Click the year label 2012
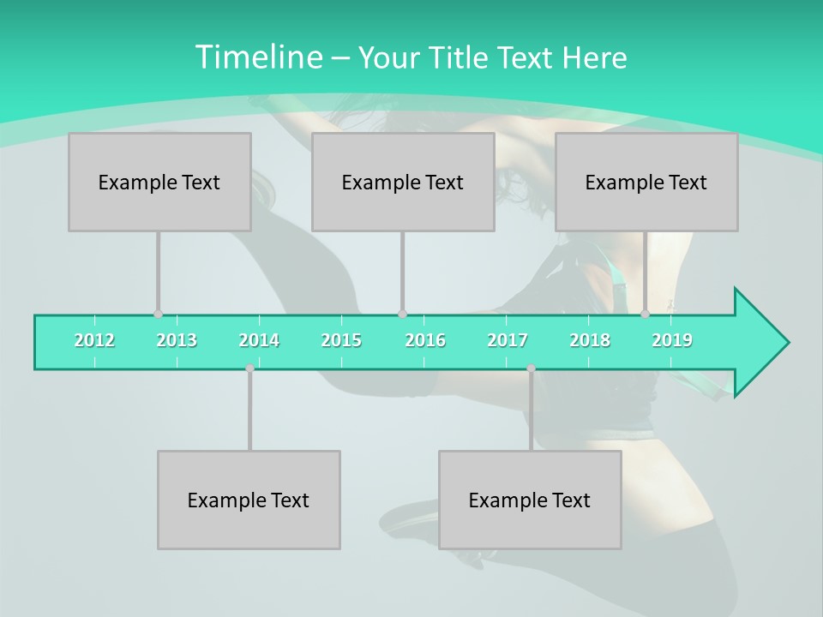click(94, 340)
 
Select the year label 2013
click(177, 340)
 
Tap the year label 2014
click(259, 340)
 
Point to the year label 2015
click(341, 340)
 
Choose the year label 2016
click(425, 340)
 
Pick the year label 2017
click(508, 340)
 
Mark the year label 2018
click(590, 340)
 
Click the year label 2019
click(672, 340)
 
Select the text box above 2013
click(159, 182)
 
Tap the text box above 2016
click(403, 182)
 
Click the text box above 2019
click(646, 182)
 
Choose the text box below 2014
click(249, 500)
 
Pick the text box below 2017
click(530, 500)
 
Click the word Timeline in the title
click(257, 57)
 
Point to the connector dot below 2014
click(249, 368)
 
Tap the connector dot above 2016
click(402, 314)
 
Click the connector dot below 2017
click(531, 368)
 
